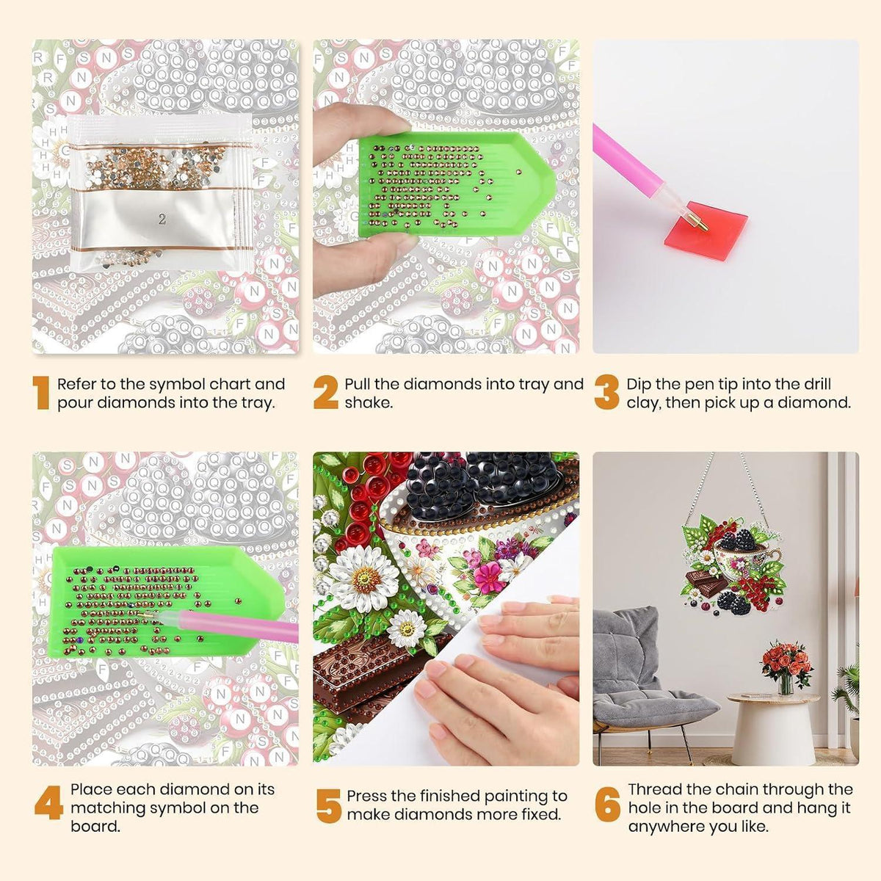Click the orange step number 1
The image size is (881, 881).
42,392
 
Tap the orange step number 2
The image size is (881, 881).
325,392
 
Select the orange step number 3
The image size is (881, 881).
606,392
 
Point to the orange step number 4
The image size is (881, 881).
48,802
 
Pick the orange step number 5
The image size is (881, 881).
329,806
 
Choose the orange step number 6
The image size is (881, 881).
608,802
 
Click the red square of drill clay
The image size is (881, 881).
703,230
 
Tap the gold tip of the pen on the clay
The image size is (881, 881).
702,224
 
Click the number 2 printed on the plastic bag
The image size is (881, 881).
162,220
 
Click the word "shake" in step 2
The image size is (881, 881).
369,403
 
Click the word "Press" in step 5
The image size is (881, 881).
367,796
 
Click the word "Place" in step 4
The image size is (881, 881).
91,789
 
